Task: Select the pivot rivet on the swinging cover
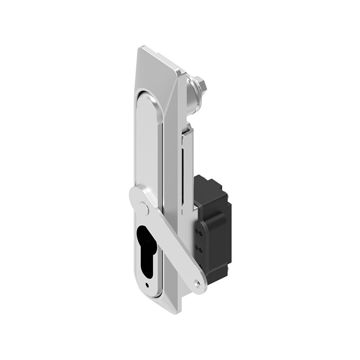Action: pos(144,207)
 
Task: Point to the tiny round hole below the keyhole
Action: pos(147,284)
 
